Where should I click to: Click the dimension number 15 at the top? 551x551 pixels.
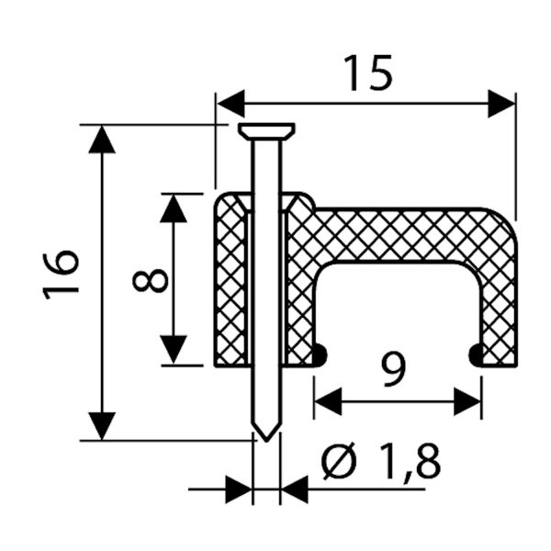367,73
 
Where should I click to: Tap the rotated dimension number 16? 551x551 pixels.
62,274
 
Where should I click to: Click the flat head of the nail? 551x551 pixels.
265,129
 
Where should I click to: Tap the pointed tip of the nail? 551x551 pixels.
265,432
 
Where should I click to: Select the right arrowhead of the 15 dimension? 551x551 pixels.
500,103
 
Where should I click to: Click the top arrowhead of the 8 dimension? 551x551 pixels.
174,208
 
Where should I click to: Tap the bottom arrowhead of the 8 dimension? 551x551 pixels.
174,351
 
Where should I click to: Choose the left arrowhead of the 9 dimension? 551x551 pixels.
327,400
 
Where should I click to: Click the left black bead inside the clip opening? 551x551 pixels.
320,354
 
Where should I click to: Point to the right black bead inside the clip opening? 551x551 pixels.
476,354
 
